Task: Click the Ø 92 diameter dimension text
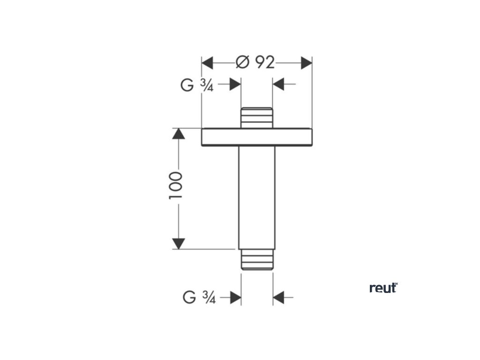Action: pyautogui.click(x=255, y=62)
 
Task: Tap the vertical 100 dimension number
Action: pyautogui.click(x=176, y=186)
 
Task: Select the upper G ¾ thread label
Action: pyautogui.click(x=197, y=85)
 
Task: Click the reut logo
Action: pyautogui.click(x=383, y=288)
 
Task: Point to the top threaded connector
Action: pyautogui.click(x=256, y=118)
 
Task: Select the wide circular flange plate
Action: pyautogui.click(x=256, y=137)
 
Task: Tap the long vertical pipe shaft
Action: pyautogui.click(x=256, y=197)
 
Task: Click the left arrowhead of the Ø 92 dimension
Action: pyautogui.click(x=207, y=62)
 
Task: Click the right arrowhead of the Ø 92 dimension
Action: pyautogui.click(x=306, y=62)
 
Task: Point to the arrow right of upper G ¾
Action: pyautogui.click(x=234, y=84)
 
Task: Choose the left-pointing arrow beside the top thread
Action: pyautogui.click(x=279, y=84)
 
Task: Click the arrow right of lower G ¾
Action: pyautogui.click(x=235, y=297)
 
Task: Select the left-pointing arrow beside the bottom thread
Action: pyautogui.click(x=279, y=297)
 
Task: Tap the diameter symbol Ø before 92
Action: pyautogui.click(x=242, y=62)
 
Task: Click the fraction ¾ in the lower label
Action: pyautogui.click(x=209, y=297)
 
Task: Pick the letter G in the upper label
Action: pyautogui.click(x=187, y=85)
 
